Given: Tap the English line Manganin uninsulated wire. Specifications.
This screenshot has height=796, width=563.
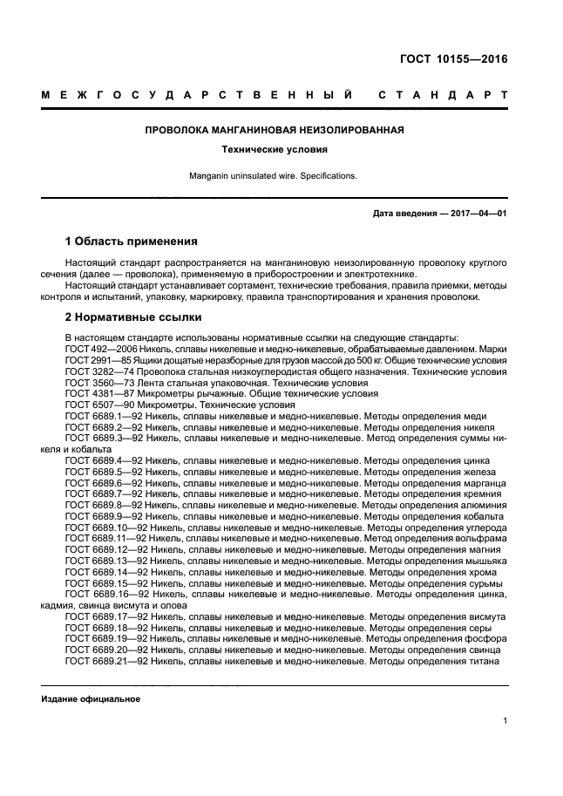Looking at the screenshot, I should pos(274,175).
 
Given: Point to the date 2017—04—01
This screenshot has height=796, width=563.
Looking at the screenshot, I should pos(478,213).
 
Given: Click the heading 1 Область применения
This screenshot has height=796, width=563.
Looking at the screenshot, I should pos(132,241).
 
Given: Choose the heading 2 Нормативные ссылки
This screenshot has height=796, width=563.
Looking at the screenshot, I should pos(133,316).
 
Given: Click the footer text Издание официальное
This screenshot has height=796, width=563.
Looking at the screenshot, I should pos(91,699).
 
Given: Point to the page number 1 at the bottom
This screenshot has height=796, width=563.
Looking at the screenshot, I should pos(505,720).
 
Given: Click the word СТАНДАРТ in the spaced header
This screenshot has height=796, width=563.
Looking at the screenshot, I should pos(443,94).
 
